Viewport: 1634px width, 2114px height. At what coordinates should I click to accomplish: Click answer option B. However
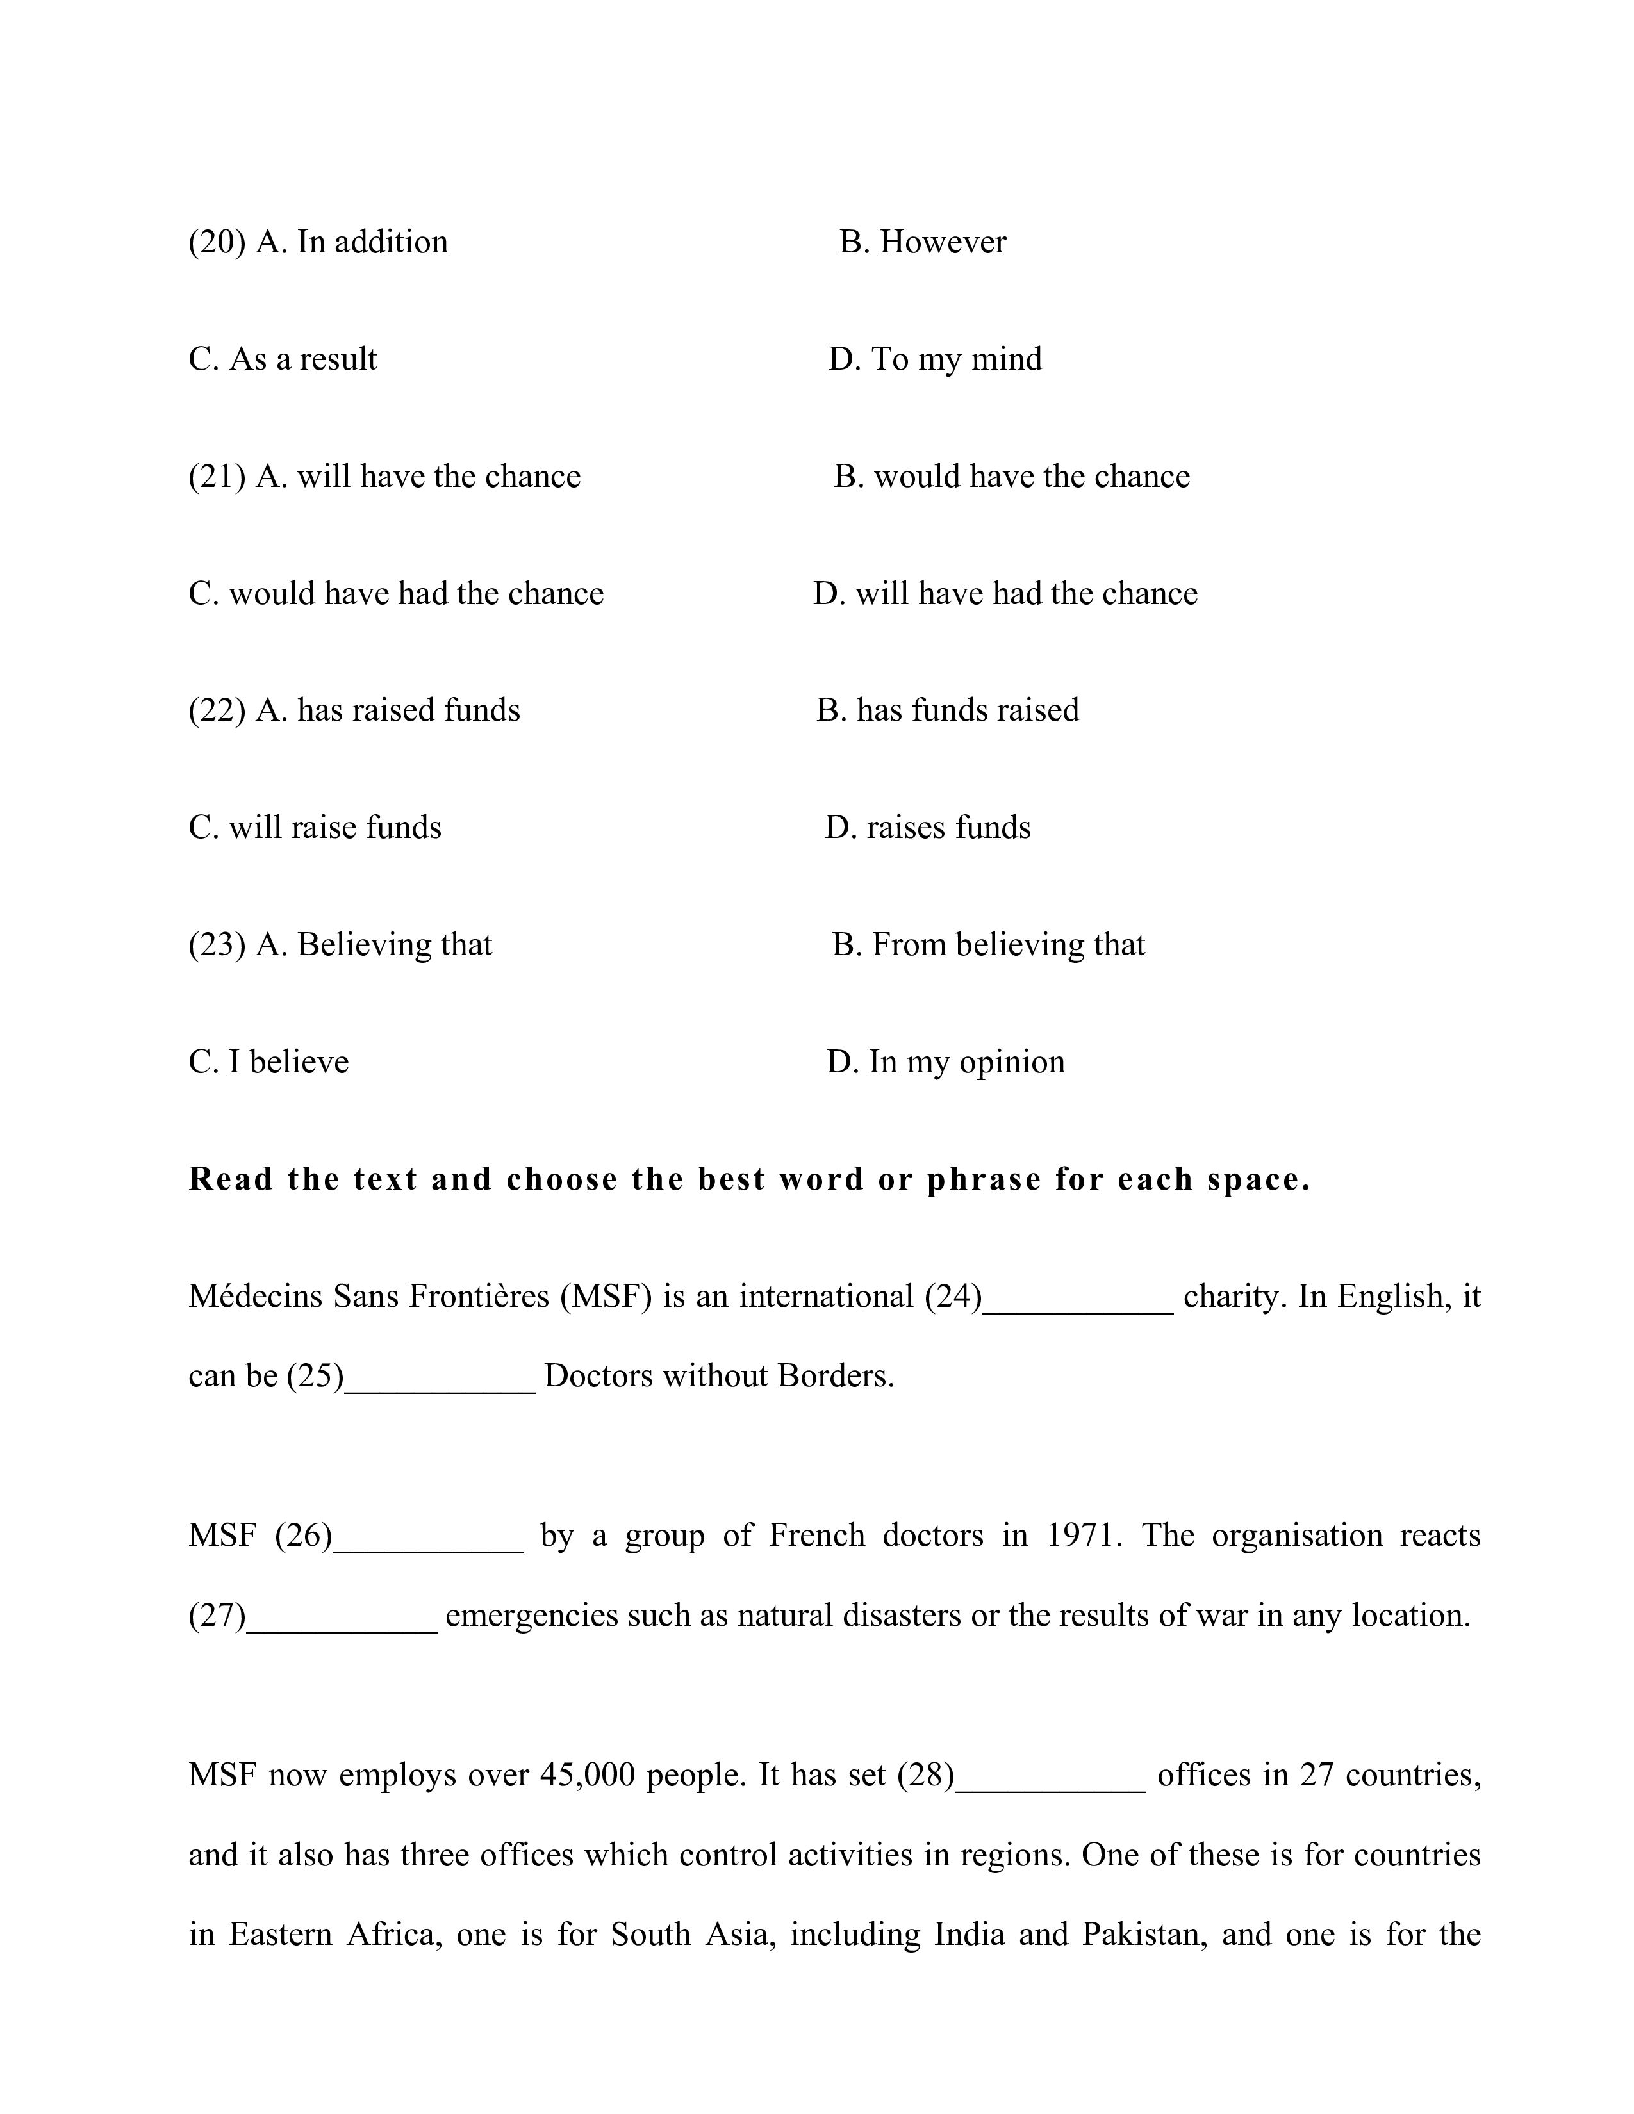923,242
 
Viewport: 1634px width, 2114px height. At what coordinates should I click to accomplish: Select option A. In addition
351,242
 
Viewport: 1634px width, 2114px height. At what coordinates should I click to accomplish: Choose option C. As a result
283,359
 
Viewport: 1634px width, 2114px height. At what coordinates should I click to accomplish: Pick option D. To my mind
935,359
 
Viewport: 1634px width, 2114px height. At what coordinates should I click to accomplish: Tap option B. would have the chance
1012,476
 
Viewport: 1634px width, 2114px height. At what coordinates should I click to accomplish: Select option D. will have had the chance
1005,593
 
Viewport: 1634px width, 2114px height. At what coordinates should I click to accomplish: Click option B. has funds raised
948,710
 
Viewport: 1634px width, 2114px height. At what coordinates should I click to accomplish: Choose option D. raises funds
927,828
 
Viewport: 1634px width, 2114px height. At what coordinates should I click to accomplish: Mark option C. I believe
268,1062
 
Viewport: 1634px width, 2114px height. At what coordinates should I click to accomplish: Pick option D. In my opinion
946,1062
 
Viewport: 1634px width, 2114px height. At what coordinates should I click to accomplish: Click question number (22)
217,710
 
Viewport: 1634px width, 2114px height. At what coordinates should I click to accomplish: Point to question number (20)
217,242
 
